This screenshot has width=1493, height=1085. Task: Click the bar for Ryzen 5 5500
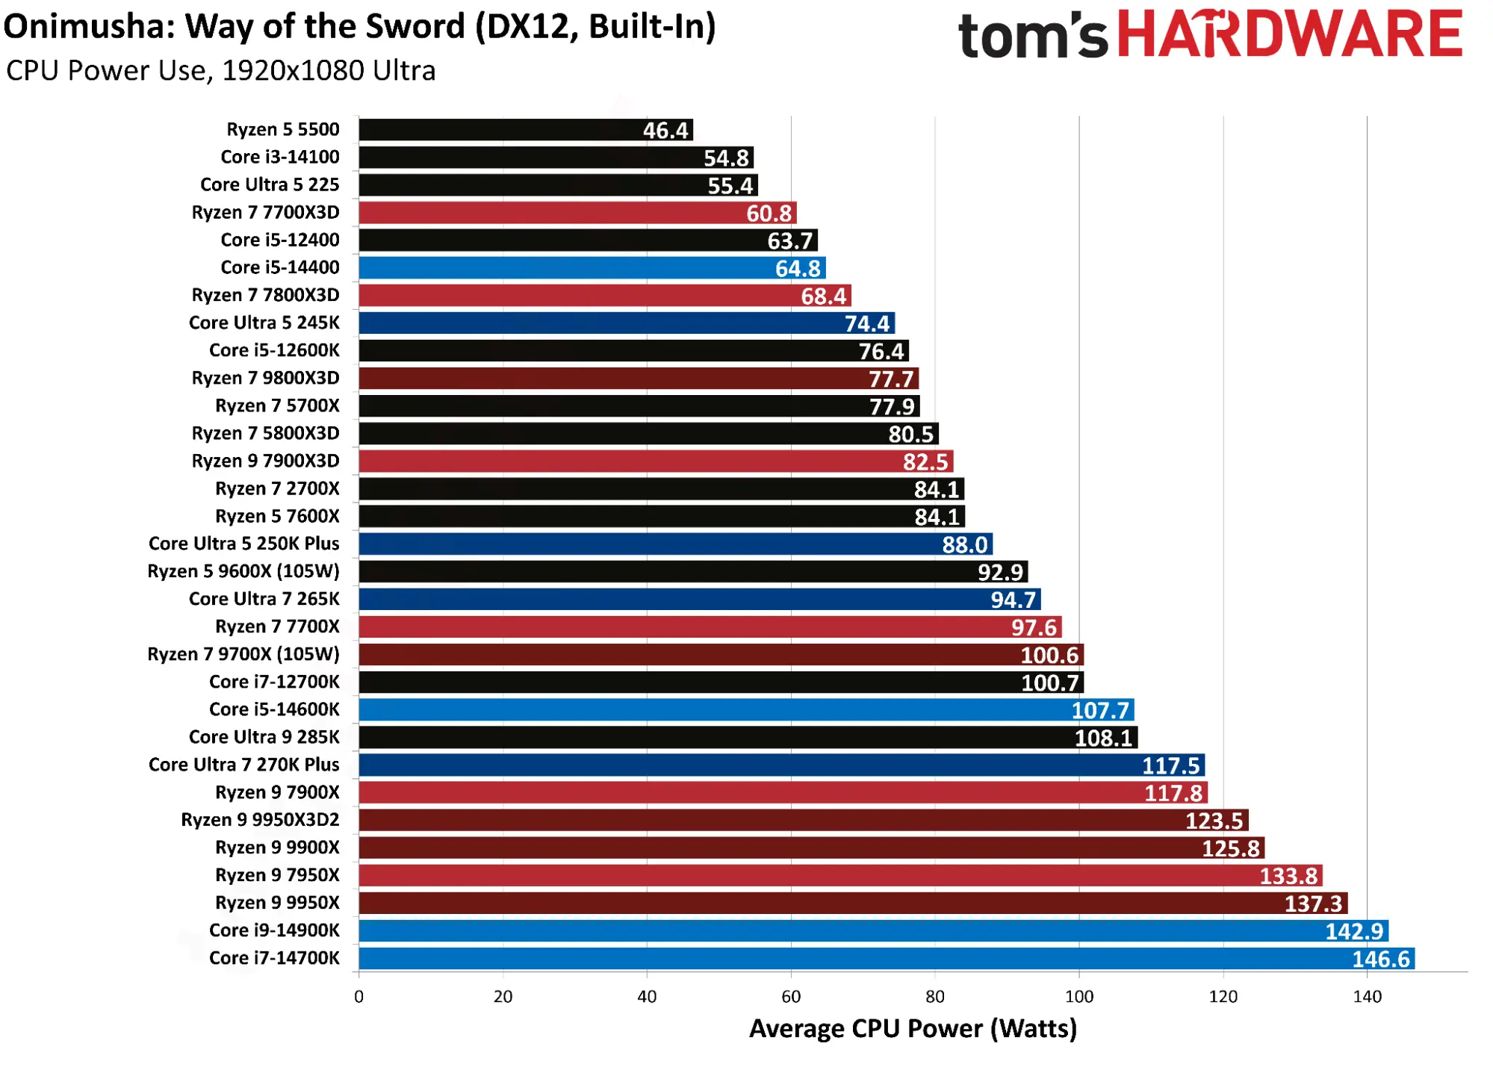pyautogui.click(x=526, y=130)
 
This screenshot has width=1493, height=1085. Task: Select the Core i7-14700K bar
pyautogui.click(x=887, y=959)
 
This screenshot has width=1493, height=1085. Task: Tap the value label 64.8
pyautogui.click(x=798, y=268)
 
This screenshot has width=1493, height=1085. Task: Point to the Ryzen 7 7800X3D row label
pyautogui.click(x=265, y=295)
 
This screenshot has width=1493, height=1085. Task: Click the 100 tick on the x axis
pyautogui.click(x=1078, y=996)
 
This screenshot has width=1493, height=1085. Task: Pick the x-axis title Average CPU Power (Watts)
pyautogui.click(x=913, y=1029)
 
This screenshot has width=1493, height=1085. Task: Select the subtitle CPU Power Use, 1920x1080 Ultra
pyautogui.click(x=221, y=71)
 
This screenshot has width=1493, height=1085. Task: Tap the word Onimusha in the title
pyautogui.click(x=89, y=27)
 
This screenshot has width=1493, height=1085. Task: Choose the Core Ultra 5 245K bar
pyautogui.click(x=627, y=323)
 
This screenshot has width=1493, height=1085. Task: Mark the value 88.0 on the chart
pyautogui.click(x=964, y=544)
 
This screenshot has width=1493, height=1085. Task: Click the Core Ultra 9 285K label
pyautogui.click(x=264, y=737)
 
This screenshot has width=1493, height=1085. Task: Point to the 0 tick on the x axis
pyautogui.click(x=359, y=996)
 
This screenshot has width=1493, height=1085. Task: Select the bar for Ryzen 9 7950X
pyautogui.click(x=841, y=876)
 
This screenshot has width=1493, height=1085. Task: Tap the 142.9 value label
pyautogui.click(x=1354, y=931)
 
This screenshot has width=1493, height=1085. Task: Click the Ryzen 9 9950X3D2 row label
pyautogui.click(x=260, y=820)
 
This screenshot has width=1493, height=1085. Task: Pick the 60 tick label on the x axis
pyautogui.click(x=791, y=996)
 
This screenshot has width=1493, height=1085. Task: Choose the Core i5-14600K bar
pyautogui.click(x=747, y=710)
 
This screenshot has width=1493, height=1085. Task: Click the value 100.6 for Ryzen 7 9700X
pyautogui.click(x=1049, y=655)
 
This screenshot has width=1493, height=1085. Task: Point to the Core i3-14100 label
pyautogui.click(x=280, y=157)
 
